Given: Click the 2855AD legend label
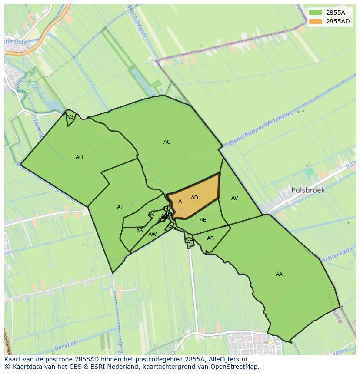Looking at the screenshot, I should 338,21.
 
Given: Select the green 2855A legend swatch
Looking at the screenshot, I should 316,13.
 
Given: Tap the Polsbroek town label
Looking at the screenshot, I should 308,190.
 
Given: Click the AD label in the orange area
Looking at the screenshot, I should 194,198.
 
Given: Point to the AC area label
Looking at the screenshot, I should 167,142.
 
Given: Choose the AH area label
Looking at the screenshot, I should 79,157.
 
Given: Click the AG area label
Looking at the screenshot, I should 70,117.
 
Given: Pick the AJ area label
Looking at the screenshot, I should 120,207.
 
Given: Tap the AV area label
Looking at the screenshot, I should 234,198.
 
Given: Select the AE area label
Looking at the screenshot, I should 203,220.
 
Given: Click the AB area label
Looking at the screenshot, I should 210,238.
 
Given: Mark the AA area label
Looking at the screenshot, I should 279,274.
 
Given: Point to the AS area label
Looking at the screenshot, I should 139,231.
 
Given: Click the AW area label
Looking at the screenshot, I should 152,235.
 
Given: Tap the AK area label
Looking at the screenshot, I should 151,215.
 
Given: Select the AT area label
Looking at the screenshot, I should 190,242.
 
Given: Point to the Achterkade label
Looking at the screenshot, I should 337,254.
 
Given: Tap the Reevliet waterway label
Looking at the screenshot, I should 66,346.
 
